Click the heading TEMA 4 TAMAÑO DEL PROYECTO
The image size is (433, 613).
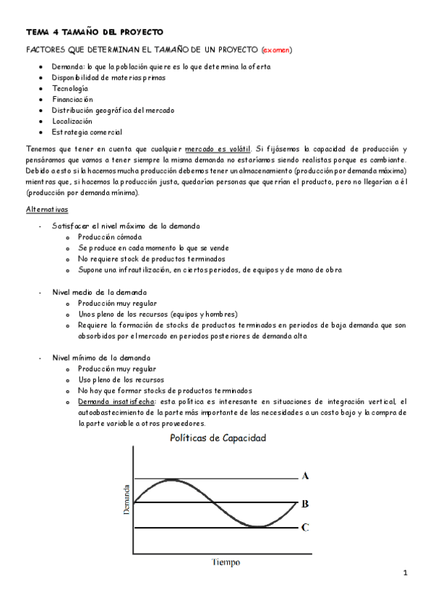[x=95, y=33]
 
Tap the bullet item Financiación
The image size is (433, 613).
[x=72, y=99]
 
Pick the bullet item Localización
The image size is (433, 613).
[x=72, y=121]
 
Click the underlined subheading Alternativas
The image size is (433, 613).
[x=47, y=209]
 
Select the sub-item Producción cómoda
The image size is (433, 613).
[x=110, y=237]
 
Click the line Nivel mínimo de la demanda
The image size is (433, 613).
[x=101, y=358]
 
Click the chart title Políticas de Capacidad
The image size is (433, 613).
[x=217, y=438]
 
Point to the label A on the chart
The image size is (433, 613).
[x=306, y=476]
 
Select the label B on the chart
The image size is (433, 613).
[x=306, y=504]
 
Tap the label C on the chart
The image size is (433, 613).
[x=306, y=528]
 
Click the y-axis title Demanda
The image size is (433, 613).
[x=127, y=498]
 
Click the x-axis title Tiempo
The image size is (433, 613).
[x=226, y=562]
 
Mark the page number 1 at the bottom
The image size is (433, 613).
[x=406, y=573]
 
